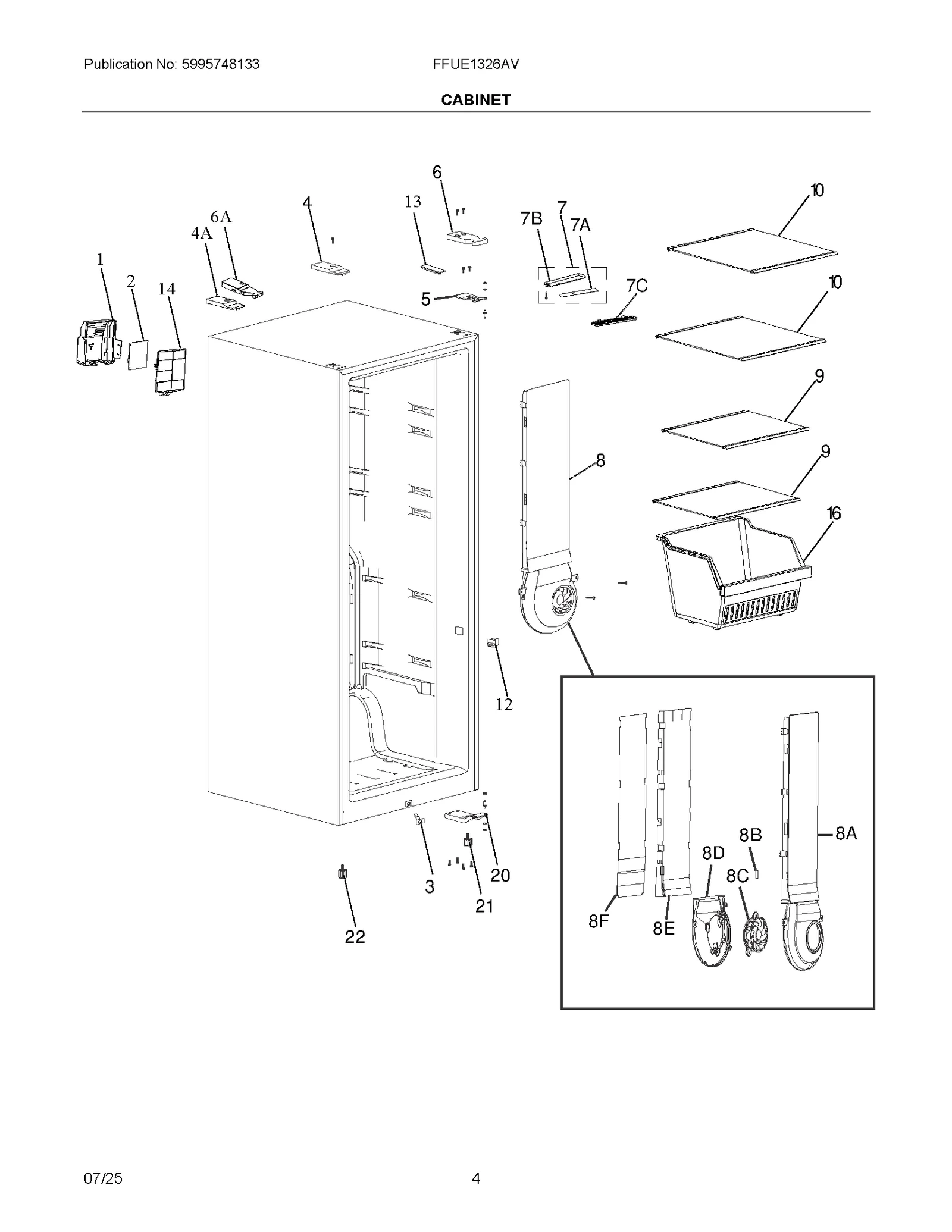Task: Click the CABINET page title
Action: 475,100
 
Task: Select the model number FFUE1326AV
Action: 475,64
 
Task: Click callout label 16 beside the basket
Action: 834,513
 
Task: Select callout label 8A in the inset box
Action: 846,833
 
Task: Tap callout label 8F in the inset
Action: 599,921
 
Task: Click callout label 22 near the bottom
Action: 355,937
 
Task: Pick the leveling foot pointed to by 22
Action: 342,873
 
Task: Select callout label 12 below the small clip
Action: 503,704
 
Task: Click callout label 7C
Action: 636,286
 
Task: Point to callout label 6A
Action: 221,217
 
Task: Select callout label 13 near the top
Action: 412,202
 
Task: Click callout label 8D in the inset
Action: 713,853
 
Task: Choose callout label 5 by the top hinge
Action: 425,299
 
